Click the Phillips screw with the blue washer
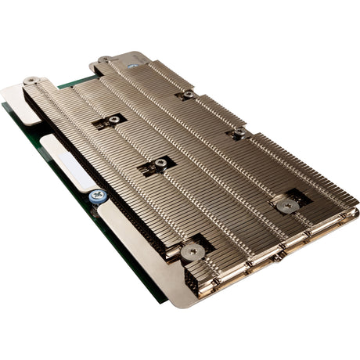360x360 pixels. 98,195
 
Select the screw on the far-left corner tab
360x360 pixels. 31,81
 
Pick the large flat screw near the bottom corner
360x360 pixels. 192,252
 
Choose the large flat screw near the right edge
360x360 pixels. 287,206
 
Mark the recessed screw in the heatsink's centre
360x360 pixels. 160,164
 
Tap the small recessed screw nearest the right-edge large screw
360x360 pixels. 239,134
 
